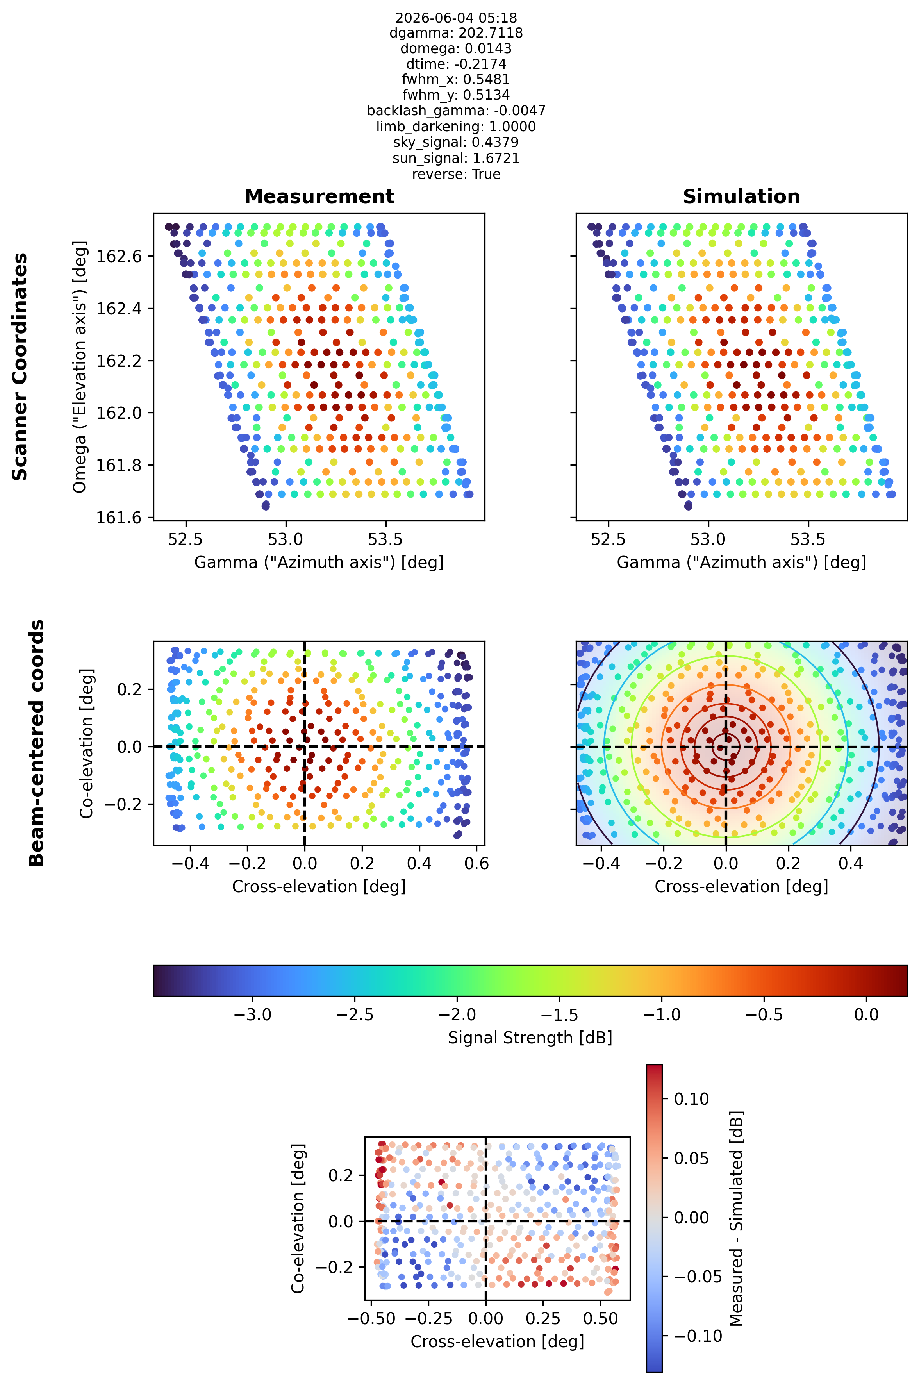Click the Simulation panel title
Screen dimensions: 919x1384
[x=741, y=196]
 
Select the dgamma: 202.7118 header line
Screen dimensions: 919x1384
[x=456, y=33]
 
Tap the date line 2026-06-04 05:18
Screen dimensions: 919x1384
[x=456, y=18]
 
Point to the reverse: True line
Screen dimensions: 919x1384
[x=456, y=174]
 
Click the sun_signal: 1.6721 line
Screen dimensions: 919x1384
[x=456, y=158]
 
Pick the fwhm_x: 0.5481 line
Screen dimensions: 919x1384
[x=456, y=79]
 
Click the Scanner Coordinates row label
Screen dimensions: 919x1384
[x=20, y=366]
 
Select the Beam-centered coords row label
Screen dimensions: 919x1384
[x=36, y=743]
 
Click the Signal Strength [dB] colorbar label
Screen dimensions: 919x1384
[x=530, y=1038]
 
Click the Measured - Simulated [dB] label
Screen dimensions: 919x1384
[x=736, y=1218]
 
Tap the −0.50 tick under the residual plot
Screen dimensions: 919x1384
[x=371, y=1319]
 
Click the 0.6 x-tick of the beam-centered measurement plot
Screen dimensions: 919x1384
[x=476, y=863]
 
